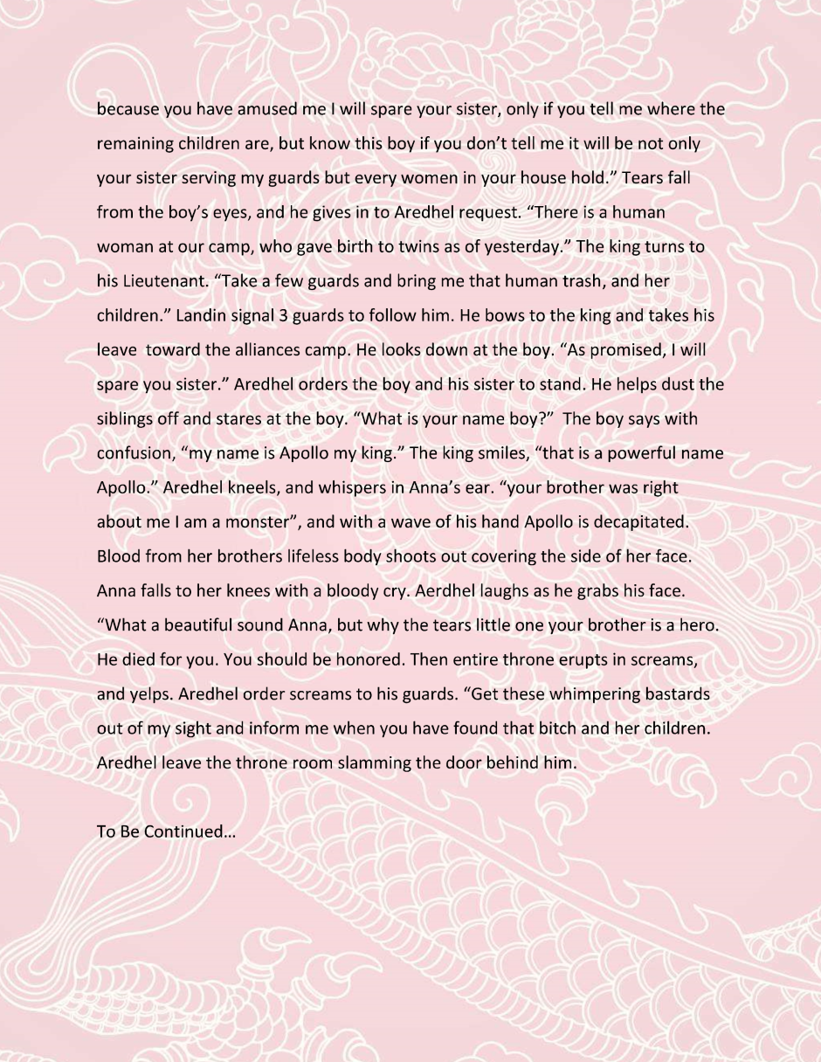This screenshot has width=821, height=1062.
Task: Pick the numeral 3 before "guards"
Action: pyautogui.click(x=283, y=315)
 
